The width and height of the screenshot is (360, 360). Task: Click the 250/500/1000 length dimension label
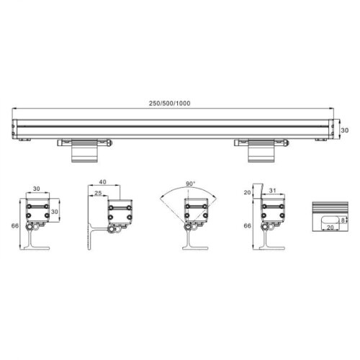pyautogui.click(x=170, y=104)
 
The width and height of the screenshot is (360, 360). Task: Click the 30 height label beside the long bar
pyautogui.click(x=345, y=130)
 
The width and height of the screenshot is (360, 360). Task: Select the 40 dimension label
pyautogui.click(x=102, y=182)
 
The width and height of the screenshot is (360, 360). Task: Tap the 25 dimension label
pyautogui.click(x=98, y=193)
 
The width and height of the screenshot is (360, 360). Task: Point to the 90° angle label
pyautogui.click(x=191, y=184)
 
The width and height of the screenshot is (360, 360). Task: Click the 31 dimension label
pyautogui.click(x=272, y=191)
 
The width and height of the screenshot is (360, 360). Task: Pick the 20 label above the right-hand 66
pyautogui.click(x=247, y=192)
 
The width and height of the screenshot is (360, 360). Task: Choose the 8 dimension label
pyautogui.click(x=343, y=220)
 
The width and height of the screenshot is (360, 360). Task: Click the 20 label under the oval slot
pyautogui.click(x=330, y=227)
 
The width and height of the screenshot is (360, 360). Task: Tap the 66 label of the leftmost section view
pyautogui.click(x=15, y=225)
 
